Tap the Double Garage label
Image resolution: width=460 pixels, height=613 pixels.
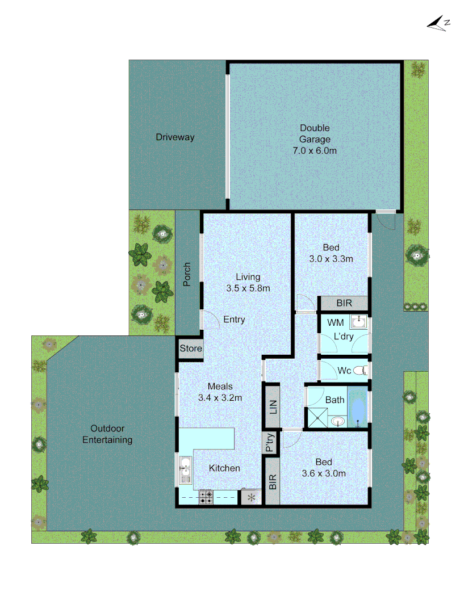315,140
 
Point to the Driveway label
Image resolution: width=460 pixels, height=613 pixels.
175,137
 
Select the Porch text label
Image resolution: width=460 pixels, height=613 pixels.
187,275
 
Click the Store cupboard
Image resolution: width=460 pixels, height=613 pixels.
191,349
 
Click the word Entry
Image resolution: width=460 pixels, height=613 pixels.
234,320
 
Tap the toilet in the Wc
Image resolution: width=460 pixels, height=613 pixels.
361,371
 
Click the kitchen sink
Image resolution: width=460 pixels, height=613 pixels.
185,471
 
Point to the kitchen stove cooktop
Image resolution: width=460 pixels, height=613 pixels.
206,498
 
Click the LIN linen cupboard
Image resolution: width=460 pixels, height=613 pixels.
273,405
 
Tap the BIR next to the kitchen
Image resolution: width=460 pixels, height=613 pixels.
273,482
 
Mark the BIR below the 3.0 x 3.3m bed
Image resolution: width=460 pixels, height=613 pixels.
344,304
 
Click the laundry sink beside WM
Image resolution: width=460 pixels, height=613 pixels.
359,323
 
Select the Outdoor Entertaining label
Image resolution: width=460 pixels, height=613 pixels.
107,434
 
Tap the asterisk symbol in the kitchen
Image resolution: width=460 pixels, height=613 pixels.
251,498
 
